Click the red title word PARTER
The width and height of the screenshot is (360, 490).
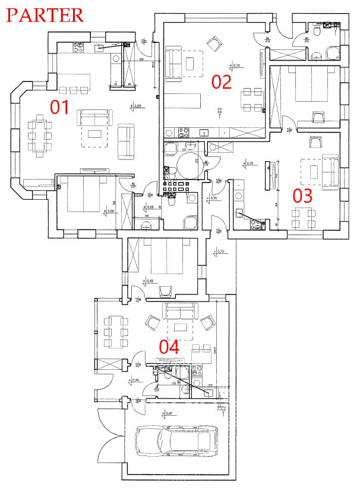pos(45,14)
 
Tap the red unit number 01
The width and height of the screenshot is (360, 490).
pos(59,107)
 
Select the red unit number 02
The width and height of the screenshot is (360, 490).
pos(221,81)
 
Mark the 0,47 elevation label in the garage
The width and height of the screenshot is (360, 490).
pos(153,413)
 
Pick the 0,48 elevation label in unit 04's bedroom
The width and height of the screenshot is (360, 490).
pos(149,281)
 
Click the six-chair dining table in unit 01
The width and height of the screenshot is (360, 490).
pos(39,136)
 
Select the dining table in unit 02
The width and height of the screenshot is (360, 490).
pos(250,99)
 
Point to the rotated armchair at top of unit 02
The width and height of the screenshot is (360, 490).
pos(213,43)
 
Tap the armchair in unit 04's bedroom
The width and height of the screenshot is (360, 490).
pos(166,290)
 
